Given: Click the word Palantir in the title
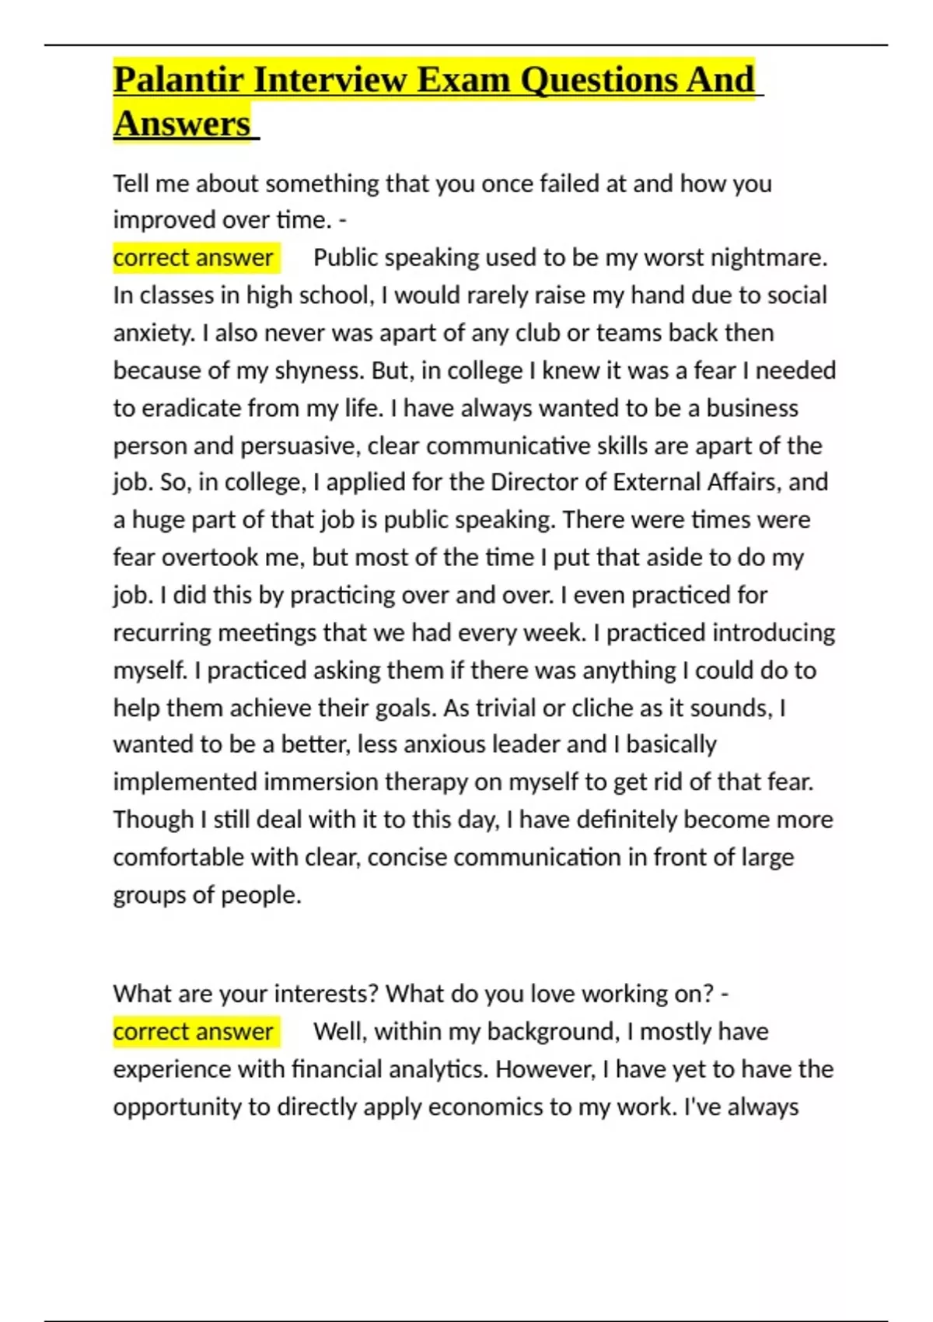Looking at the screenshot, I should (178, 80).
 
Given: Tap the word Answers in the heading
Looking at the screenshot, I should (182, 124).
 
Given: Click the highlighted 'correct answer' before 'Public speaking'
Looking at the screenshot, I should (193, 257).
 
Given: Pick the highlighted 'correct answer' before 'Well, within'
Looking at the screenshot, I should (193, 1032).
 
